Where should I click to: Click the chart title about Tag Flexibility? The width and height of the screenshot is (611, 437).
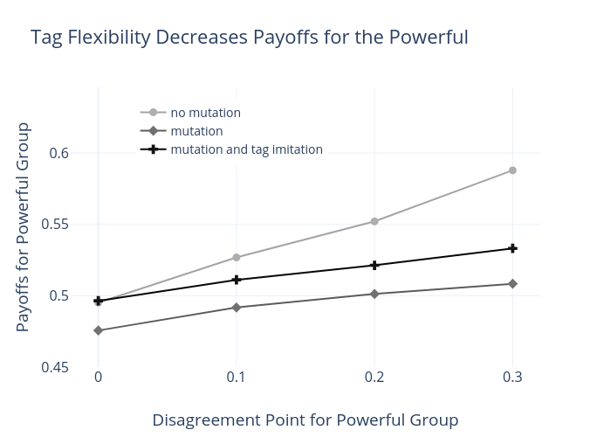click(x=250, y=38)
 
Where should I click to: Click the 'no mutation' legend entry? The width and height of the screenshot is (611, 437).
click(x=205, y=113)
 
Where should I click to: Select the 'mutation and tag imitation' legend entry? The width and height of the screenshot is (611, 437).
click(x=246, y=149)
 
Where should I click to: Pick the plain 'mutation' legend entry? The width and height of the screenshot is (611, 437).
click(x=196, y=131)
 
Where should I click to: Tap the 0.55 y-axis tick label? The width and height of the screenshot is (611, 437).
click(x=65, y=225)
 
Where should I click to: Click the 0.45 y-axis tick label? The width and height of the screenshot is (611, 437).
click(x=65, y=367)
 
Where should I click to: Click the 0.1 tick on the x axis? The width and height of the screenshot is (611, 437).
click(x=236, y=377)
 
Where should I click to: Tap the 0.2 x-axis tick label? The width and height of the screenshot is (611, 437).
click(x=374, y=377)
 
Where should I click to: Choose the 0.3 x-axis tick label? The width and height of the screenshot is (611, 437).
click(x=512, y=377)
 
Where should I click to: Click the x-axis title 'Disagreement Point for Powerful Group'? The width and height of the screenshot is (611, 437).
click(x=305, y=420)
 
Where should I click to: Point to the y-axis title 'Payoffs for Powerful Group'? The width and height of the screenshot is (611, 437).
click(x=24, y=227)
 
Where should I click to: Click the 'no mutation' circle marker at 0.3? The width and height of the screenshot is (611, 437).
click(x=512, y=170)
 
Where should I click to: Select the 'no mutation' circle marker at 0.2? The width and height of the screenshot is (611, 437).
click(x=374, y=221)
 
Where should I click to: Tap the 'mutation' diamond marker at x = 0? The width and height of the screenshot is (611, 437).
click(x=98, y=330)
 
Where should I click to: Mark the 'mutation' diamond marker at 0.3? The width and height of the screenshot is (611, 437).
click(x=512, y=284)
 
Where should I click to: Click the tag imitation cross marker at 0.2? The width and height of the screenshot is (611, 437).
click(x=374, y=265)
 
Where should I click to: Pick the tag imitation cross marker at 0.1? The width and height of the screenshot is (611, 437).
click(x=236, y=280)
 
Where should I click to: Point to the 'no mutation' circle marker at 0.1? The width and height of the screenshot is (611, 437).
click(x=236, y=257)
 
